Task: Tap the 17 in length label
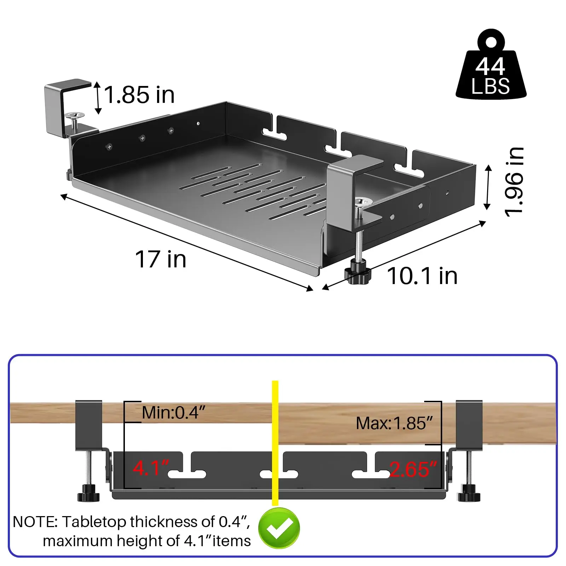[161, 259]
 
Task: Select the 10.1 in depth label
[422, 276]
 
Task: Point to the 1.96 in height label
[514, 181]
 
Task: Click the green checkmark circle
[279, 528]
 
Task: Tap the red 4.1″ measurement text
[151, 468]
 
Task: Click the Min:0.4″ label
[173, 412]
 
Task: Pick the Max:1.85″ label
[394, 423]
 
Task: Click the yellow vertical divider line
[275, 443]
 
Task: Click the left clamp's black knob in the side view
[88, 493]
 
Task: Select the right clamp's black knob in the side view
[469, 493]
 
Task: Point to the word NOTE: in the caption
[35, 522]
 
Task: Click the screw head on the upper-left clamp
[75, 115]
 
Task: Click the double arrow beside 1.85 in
[98, 98]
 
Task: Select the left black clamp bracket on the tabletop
[89, 426]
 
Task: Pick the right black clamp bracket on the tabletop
[469, 426]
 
